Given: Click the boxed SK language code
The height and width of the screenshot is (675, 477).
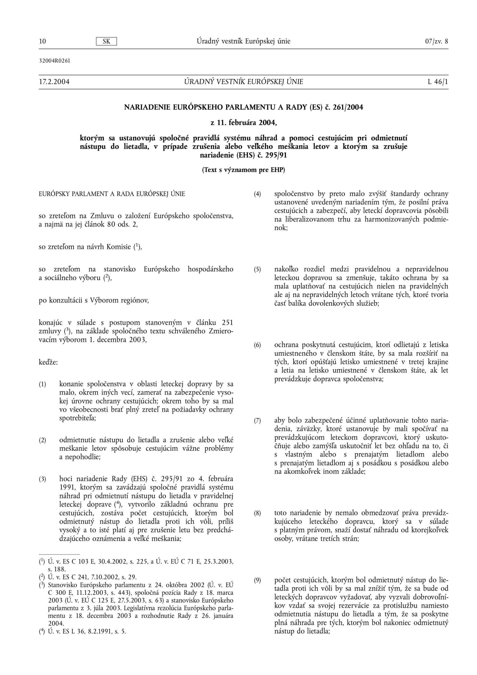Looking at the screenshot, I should [x=106, y=41].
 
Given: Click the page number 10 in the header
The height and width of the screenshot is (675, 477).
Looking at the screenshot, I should [x=42, y=41].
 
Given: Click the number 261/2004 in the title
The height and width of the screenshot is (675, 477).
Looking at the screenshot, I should [x=348, y=108].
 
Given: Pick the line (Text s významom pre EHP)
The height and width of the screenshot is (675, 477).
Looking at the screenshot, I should [x=244, y=170].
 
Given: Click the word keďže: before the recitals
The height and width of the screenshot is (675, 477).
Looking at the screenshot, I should [x=48, y=362].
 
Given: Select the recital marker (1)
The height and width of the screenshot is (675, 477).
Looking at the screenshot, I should [x=42, y=384].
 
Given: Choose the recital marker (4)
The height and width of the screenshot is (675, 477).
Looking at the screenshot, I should [x=257, y=194].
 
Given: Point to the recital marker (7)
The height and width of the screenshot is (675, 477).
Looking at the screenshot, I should [x=257, y=421].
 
